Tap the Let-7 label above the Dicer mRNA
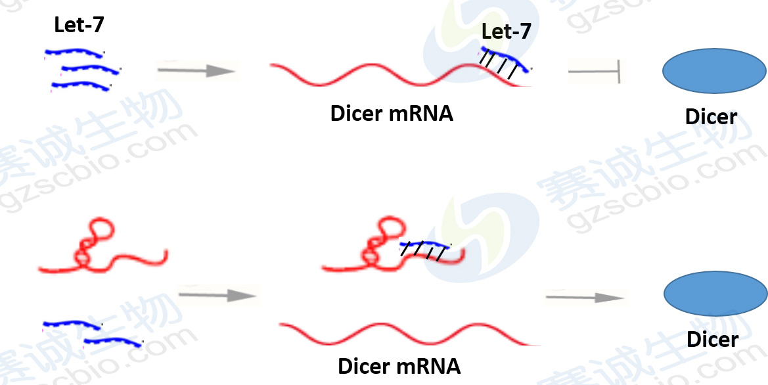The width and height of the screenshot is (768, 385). [x=505, y=31]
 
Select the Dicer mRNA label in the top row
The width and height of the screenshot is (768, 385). [x=392, y=113]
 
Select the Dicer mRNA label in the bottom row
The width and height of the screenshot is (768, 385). [x=399, y=365]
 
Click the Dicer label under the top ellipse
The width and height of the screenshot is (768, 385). [x=711, y=117]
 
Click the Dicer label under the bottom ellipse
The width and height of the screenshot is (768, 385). [x=712, y=339]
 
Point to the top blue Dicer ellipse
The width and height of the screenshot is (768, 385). [x=715, y=71]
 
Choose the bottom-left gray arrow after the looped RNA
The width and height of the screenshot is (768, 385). [x=217, y=295]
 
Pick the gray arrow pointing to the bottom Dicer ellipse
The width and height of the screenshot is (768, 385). [x=584, y=298]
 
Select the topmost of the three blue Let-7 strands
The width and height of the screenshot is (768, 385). [x=74, y=51]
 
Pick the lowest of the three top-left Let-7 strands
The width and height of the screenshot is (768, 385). [x=80, y=85]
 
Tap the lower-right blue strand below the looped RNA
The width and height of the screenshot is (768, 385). [x=112, y=340]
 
